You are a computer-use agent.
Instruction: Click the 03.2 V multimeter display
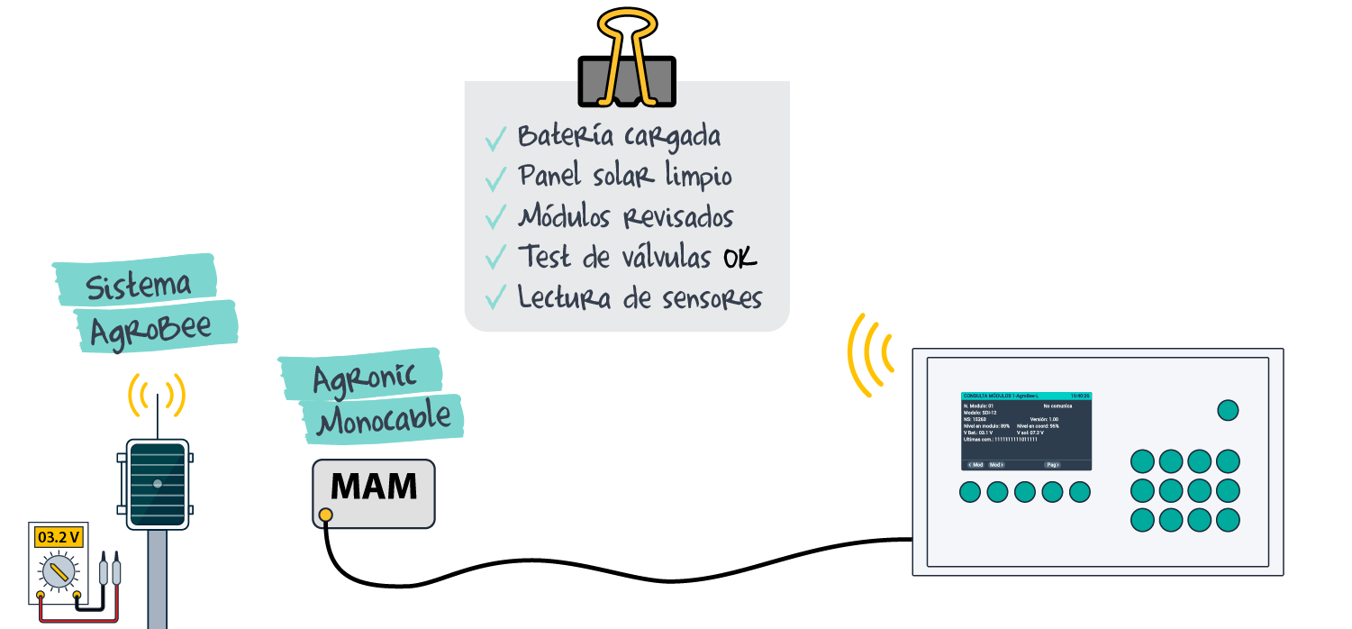[x=59, y=538]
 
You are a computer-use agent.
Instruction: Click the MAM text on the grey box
[x=374, y=487]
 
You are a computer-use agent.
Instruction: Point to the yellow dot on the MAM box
[x=325, y=515]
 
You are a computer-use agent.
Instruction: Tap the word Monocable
[x=385, y=419]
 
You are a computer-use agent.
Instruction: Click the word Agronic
[x=365, y=376]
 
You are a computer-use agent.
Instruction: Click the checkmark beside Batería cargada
[x=495, y=139]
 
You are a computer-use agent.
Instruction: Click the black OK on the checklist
[x=740, y=259]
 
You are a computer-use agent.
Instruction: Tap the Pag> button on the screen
[x=1051, y=465]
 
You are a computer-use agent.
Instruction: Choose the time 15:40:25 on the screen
[x=1079, y=396]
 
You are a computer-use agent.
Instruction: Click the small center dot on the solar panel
[x=158, y=484]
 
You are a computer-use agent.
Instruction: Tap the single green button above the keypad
[x=1228, y=410]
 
